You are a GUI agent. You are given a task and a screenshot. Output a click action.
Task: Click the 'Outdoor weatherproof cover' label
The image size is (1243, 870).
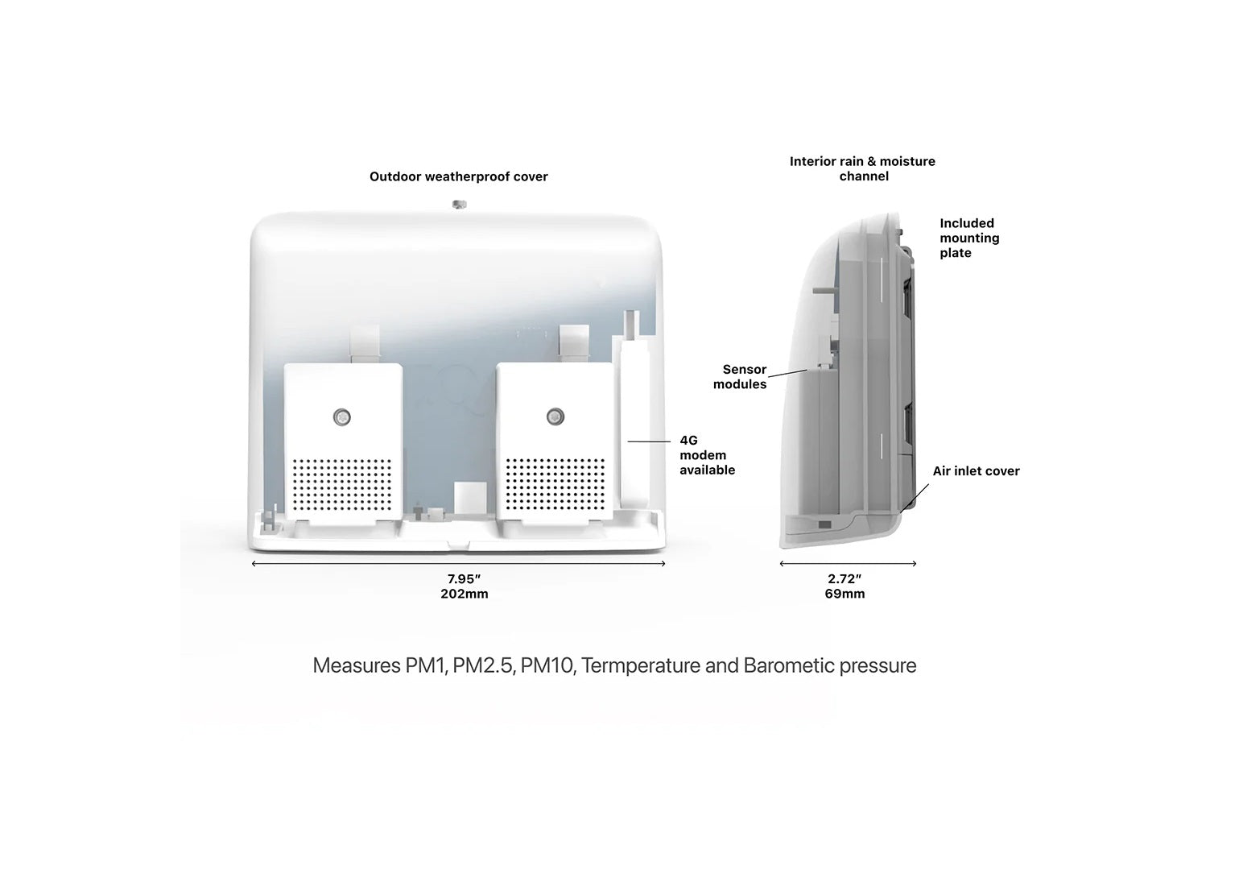tap(458, 176)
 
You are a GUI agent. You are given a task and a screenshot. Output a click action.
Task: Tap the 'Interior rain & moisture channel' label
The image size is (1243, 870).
tap(862, 168)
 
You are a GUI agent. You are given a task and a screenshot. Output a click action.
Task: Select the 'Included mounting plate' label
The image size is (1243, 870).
tap(969, 238)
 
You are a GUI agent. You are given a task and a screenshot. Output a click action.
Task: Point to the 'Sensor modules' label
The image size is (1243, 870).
tap(741, 377)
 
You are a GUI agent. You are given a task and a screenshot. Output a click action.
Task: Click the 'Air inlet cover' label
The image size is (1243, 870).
tap(976, 470)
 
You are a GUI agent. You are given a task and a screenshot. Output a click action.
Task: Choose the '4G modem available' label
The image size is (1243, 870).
tap(707, 455)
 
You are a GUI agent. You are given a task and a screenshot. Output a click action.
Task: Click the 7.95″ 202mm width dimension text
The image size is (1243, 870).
tap(464, 586)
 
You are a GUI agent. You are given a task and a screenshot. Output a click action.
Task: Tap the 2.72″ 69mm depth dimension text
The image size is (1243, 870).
tap(844, 586)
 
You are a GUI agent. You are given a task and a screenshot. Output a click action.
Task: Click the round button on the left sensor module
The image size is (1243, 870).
tap(342, 416)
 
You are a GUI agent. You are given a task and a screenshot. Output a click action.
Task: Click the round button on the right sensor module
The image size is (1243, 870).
tap(555, 416)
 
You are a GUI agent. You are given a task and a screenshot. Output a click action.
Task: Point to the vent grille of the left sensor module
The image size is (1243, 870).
tap(342, 483)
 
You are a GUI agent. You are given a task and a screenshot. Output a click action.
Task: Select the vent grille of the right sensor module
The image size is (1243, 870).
tap(555, 483)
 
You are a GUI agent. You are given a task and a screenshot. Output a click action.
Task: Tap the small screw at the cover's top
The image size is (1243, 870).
tap(460, 202)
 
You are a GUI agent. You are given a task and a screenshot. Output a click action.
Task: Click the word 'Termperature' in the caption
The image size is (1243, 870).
tap(640, 666)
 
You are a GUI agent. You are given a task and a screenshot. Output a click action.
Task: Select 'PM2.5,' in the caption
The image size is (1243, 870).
tap(483, 666)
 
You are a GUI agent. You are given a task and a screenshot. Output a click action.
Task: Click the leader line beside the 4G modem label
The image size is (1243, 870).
tap(649, 441)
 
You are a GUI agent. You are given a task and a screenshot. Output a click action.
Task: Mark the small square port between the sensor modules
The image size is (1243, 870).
tap(465, 495)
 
